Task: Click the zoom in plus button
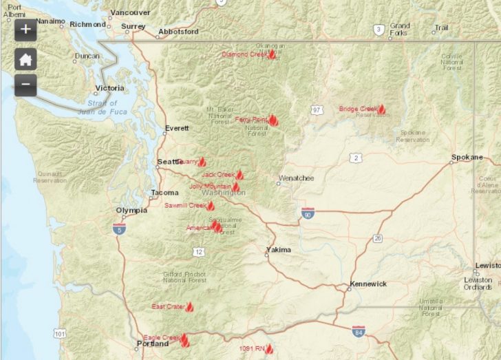pyautogui.click(x=25, y=29)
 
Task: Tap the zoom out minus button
pyautogui.click(x=25, y=84)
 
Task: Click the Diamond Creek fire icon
pyautogui.click(x=272, y=53)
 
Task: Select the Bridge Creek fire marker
pyautogui.click(x=381, y=109)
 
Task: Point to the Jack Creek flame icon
pyautogui.click(x=239, y=175)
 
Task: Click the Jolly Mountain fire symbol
pyautogui.click(x=236, y=187)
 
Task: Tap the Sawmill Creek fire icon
pyautogui.click(x=211, y=205)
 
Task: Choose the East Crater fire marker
pyautogui.click(x=189, y=306)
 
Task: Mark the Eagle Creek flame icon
pyautogui.click(x=184, y=338)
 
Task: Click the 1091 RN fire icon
pyautogui.click(x=269, y=349)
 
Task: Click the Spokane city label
pyautogui.click(x=467, y=158)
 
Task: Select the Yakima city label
pyautogui.click(x=279, y=250)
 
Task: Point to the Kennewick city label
pyautogui.click(x=368, y=284)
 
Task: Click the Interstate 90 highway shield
pyautogui.click(x=308, y=213)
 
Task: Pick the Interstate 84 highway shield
pyautogui.click(x=358, y=332)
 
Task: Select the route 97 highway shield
pyautogui.click(x=317, y=110)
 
